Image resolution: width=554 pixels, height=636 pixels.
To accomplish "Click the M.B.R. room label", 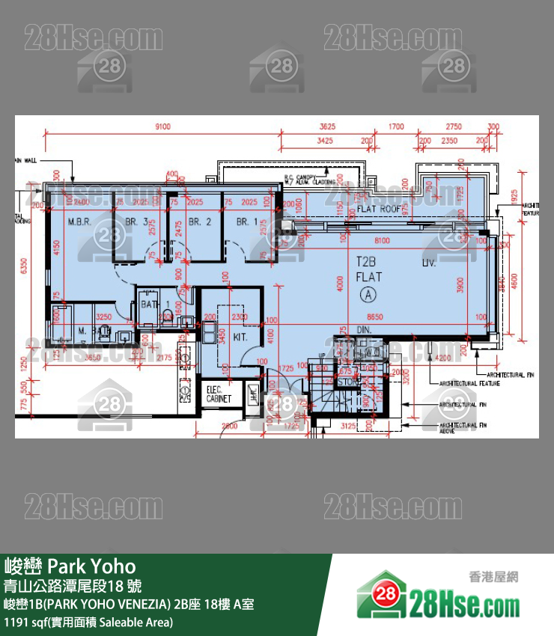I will coord(79,221).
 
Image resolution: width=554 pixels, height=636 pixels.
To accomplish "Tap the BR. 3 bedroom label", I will coord(136,221).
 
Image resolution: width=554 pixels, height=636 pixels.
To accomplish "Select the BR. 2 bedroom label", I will coord(199,221).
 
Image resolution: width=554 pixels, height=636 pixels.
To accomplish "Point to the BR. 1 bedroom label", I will coord(247,221).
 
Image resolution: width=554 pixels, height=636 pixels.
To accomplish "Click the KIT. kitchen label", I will coord(240,337).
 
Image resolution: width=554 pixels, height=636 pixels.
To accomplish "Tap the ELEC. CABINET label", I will coord(219,394).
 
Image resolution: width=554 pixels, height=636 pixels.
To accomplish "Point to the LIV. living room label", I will coord(430,263).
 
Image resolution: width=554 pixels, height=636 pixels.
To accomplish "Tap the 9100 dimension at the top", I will coord(162,126).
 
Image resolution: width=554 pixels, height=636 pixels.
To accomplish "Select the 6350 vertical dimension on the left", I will coord(23,266).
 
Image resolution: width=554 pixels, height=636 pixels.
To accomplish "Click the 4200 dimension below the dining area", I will coord(445,358).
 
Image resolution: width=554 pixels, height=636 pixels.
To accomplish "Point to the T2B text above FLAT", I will coord(365,262).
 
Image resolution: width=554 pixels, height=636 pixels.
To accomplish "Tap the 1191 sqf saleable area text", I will coord(88,622).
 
